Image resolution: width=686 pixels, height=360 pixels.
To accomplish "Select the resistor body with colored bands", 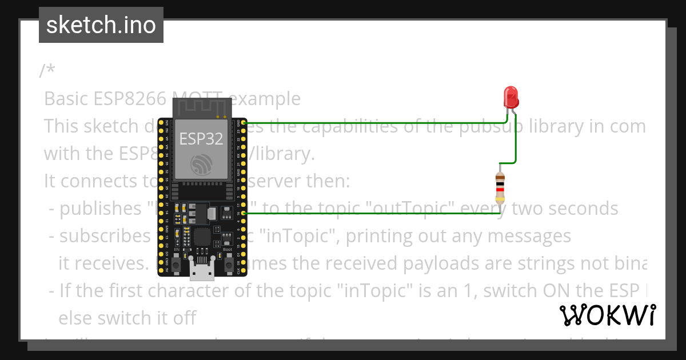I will (x=500, y=188).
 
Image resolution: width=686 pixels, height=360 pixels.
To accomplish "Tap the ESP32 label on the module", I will (x=201, y=138).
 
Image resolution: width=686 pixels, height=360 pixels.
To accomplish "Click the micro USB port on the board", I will (x=202, y=272).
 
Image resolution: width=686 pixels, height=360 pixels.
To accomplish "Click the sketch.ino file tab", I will (x=101, y=25).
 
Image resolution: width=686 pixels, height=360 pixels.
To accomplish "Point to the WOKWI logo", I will (x=608, y=315).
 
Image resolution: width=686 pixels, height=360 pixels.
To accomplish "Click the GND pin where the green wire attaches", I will (x=244, y=123).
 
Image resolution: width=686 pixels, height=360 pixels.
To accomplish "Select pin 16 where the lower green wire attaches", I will (x=244, y=213).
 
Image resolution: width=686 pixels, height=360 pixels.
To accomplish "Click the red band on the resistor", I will (x=500, y=189).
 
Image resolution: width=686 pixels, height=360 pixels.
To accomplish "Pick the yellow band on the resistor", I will (x=500, y=199).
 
